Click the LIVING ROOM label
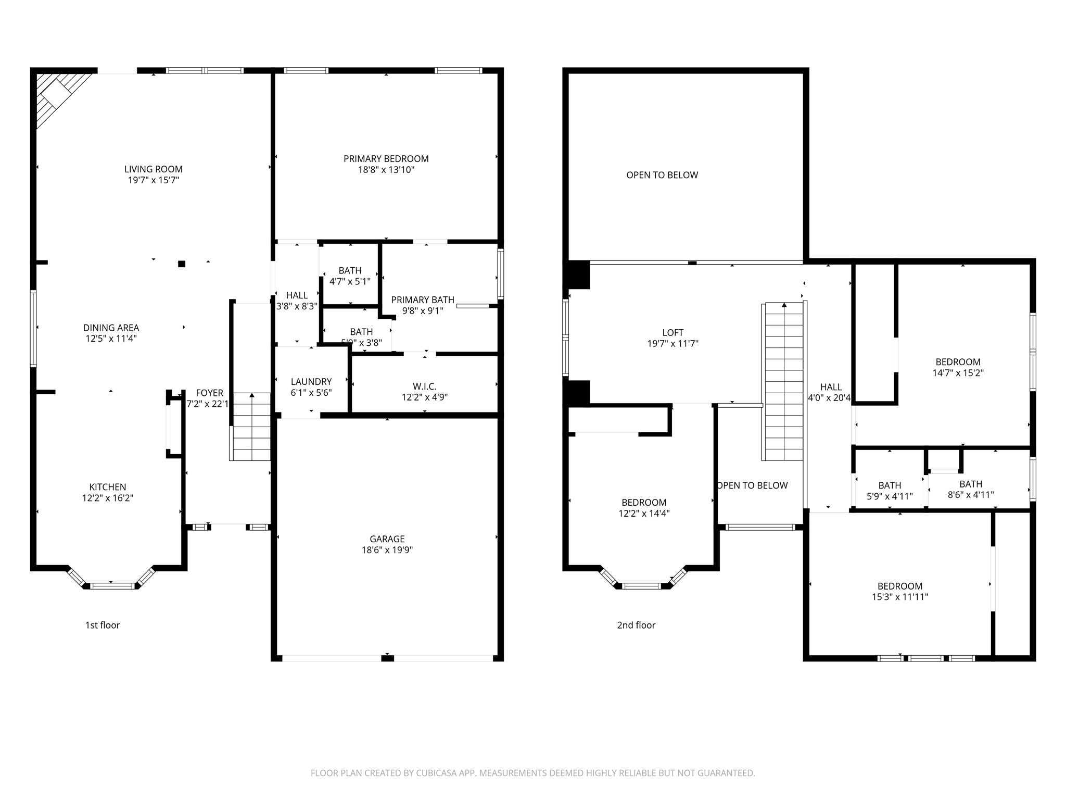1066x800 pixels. click(153, 169)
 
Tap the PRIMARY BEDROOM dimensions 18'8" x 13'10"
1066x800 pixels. click(386, 170)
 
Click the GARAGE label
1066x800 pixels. click(387, 539)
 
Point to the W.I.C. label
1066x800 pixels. click(424, 386)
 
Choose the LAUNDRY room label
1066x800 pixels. click(311, 382)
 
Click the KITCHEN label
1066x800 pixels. click(107, 487)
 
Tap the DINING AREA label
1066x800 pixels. click(111, 328)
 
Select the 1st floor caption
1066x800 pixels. click(103, 625)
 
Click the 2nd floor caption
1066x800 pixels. click(636, 625)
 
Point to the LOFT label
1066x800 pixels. click(672, 332)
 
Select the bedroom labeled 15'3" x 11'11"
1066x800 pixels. click(899, 592)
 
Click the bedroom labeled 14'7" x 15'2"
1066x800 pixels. click(958, 367)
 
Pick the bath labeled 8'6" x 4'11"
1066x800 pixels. click(970, 489)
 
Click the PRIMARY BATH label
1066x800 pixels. click(422, 300)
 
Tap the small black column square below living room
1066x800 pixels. click(182, 264)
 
